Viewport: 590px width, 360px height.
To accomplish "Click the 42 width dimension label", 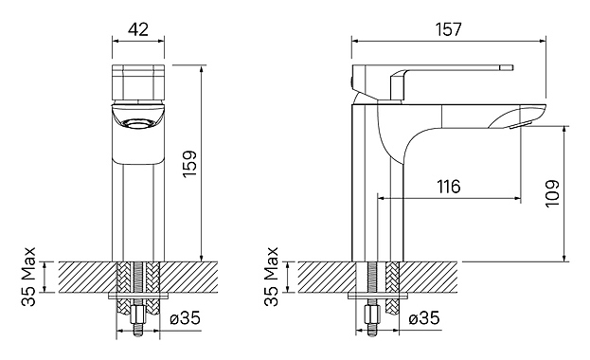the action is click(x=138, y=29).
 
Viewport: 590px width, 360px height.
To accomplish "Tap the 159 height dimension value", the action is click(x=190, y=164).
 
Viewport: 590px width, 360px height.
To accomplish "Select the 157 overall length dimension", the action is click(x=449, y=29).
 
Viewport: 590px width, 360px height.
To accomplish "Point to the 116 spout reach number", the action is click(x=449, y=187).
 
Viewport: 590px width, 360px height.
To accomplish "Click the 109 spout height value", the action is click(x=552, y=193).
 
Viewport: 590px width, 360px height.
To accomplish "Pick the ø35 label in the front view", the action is click(x=185, y=318).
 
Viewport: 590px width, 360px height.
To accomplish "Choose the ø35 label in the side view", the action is click(x=424, y=318).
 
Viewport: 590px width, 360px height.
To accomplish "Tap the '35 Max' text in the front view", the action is click(x=28, y=277).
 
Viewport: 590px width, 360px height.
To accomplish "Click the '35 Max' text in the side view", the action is click(x=271, y=277).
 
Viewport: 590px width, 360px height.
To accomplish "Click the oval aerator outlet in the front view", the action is click(x=137, y=123).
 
